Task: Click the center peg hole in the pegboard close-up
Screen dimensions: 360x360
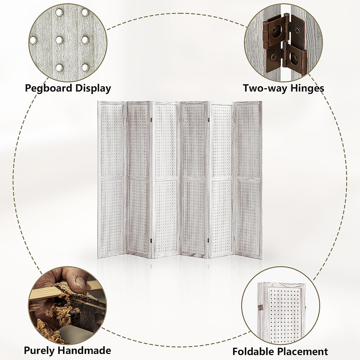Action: (x=59, y=40)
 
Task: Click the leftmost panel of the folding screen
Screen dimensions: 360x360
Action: (x=112, y=180)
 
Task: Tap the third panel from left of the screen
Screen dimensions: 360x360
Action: (x=166, y=180)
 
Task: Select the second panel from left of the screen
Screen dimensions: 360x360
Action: (x=139, y=180)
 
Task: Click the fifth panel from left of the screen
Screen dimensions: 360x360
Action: (x=221, y=180)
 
